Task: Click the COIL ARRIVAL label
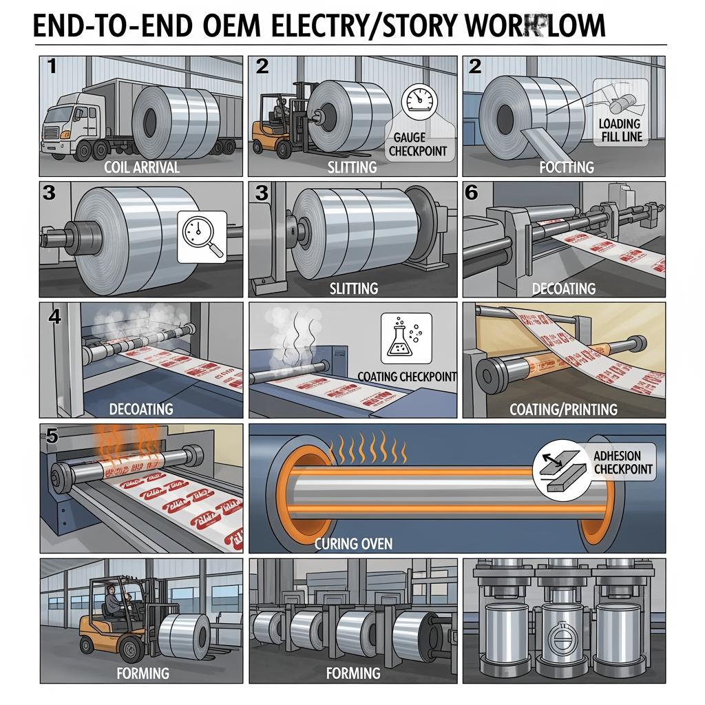142,166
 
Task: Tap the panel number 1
52,67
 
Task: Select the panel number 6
472,193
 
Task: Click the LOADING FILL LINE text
620,130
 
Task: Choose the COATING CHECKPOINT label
407,377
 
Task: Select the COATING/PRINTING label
563,409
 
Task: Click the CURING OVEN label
353,544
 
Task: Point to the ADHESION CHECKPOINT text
617,463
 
